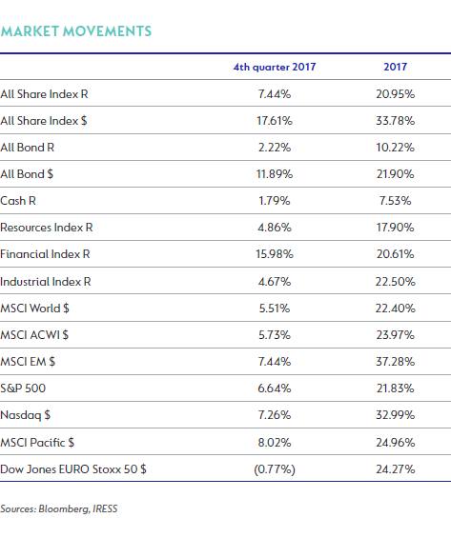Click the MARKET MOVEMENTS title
76,31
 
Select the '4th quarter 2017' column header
275,67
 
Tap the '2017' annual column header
396,67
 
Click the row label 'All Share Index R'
44,94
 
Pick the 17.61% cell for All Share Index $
275,121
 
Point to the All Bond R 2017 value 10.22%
396,148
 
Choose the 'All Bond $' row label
27,174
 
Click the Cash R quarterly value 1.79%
275,201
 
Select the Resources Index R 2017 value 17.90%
396,228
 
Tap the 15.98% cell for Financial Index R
275,254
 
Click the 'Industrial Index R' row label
46,282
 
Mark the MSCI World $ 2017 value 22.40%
396,309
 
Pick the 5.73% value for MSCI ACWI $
275,335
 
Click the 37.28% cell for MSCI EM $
396,362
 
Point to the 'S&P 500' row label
23,389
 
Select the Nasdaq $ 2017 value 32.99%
396,415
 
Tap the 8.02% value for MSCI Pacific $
275,443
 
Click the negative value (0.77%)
275,469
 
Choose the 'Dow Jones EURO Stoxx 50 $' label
73,469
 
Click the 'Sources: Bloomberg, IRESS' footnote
59,508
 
